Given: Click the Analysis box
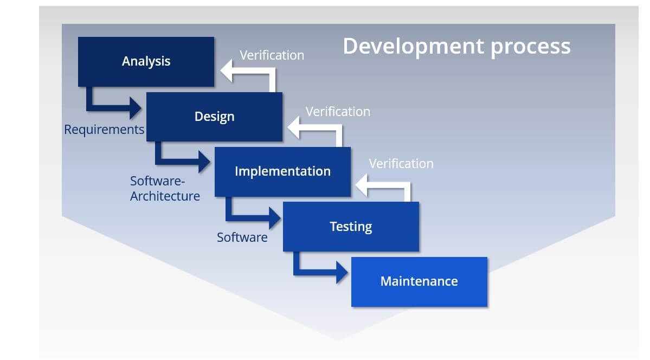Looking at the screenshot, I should point(146,61).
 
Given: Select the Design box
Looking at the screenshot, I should point(214,117).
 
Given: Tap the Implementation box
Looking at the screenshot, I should point(282,171).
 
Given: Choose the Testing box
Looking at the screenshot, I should point(351,227).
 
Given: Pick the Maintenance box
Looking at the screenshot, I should point(419,281).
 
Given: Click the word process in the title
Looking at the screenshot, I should point(530,47).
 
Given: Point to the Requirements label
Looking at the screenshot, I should point(104,130).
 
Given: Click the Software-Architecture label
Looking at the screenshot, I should point(165,188).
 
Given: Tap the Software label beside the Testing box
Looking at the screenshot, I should point(242,237).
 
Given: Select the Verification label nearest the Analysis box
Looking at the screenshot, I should point(272,55).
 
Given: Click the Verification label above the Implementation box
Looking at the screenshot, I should point(338,112).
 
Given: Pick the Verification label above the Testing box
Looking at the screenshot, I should point(401,164).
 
